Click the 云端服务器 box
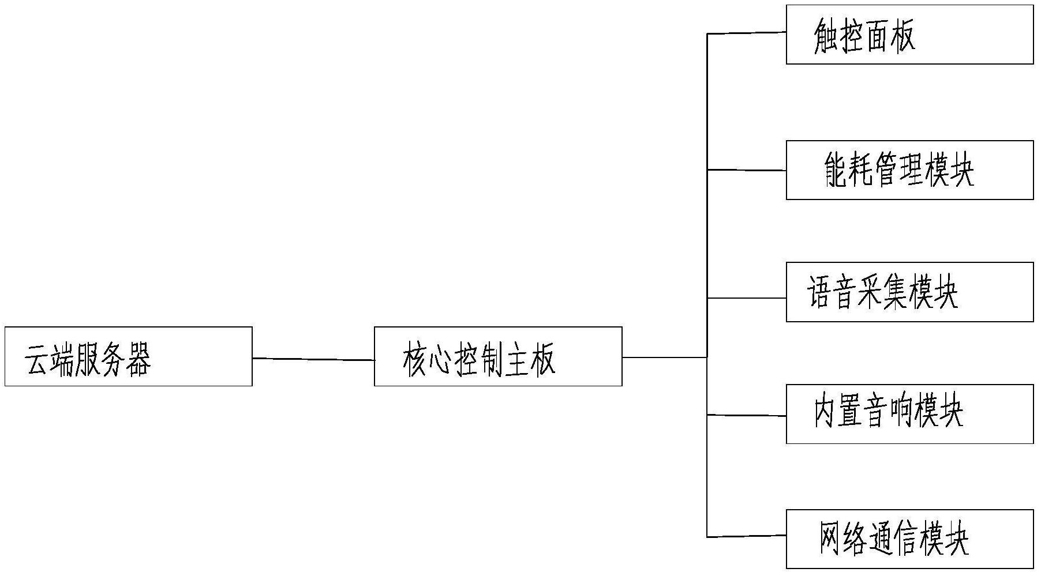(129, 356)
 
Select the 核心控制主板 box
(498, 356)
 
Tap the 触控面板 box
(909, 35)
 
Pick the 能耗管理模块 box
(909, 170)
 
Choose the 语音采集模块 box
(909, 292)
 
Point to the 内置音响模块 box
(909, 414)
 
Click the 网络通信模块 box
(909, 539)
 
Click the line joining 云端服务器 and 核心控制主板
(313, 359)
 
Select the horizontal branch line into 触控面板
(747, 33)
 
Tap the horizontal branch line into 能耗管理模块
(747, 170)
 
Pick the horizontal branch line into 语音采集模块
(747, 298)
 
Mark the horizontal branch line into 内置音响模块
(747, 415)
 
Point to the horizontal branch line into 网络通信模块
(747, 536)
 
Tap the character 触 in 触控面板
(826, 37)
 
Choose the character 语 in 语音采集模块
(819, 293)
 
